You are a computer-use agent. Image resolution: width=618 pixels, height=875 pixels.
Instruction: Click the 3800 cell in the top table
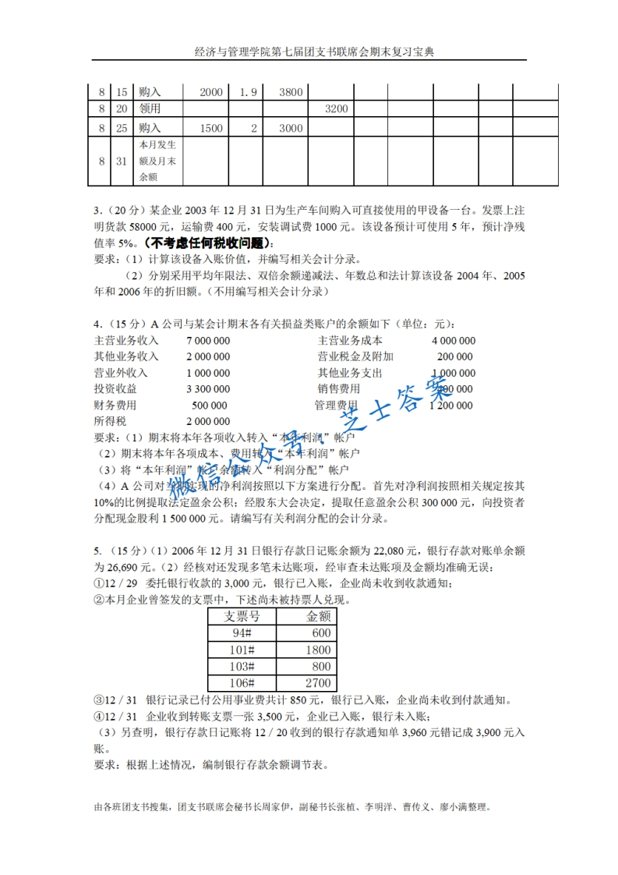click(290, 92)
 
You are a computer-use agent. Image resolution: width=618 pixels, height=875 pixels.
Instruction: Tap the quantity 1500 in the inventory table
click(210, 129)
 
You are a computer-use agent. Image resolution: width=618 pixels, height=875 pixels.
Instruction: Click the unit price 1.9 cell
click(249, 92)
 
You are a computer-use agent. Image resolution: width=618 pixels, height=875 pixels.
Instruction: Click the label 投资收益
click(115, 389)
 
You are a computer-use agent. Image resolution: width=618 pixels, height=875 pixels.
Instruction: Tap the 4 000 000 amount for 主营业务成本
click(453, 341)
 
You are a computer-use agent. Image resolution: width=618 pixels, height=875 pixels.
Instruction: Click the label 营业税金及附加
click(355, 356)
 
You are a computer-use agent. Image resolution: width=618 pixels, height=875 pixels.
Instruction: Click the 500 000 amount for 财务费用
click(209, 406)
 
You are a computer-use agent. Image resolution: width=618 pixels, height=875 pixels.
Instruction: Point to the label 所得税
click(110, 421)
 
